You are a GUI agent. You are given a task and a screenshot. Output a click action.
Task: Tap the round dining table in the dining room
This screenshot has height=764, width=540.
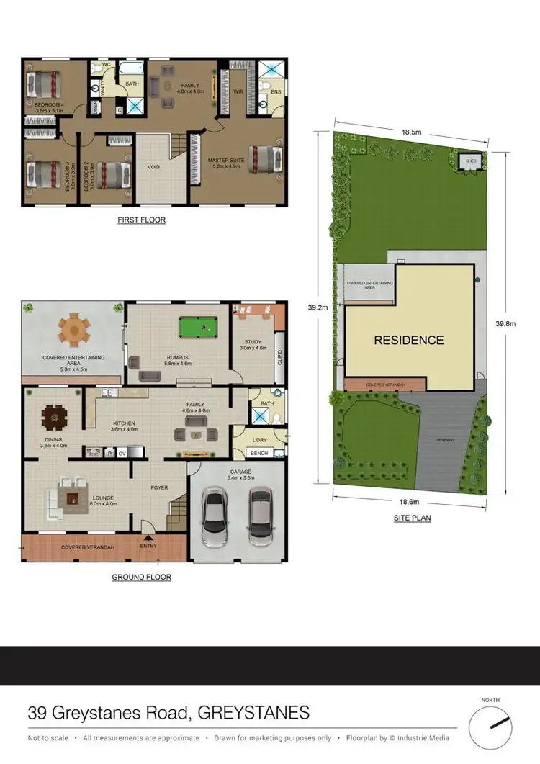[54, 418]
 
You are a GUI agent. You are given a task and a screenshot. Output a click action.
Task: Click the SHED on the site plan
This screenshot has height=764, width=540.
[471, 161]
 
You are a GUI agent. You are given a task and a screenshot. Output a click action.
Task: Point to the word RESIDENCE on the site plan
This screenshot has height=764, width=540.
[408, 340]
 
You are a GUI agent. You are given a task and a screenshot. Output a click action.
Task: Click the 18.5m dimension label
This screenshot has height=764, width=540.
[411, 132]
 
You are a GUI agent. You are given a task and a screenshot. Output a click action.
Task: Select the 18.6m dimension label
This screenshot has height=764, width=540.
[411, 502]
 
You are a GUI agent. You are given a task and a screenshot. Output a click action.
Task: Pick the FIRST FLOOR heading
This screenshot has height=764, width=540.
[142, 220]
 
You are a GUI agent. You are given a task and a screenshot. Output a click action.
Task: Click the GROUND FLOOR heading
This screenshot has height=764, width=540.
[142, 577]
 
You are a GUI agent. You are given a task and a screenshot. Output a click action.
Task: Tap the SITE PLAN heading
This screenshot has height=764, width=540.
[411, 518]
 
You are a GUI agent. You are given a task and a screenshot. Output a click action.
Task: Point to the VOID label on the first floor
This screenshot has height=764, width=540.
[153, 167]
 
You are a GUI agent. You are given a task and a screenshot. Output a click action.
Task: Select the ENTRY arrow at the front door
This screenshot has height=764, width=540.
[149, 537]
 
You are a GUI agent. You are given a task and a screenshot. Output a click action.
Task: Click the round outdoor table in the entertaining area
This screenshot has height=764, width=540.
[73, 331]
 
